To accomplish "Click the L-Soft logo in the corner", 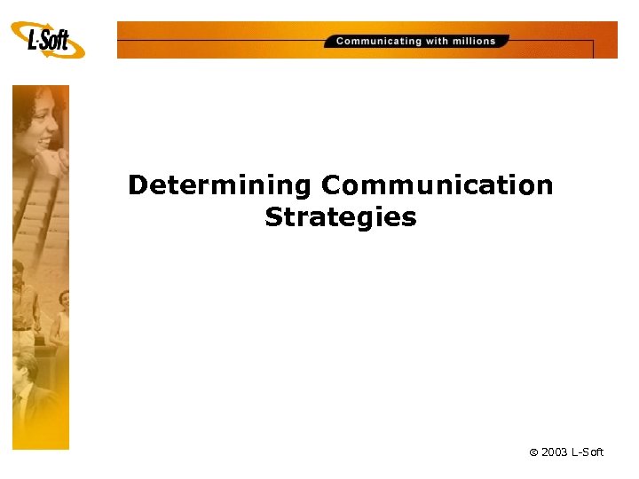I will click(49, 40).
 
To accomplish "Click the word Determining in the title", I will click(219, 185).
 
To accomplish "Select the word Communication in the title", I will click(437, 185).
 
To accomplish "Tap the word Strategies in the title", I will click(340, 217).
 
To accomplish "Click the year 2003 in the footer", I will click(556, 452).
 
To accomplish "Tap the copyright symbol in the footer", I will click(533, 453).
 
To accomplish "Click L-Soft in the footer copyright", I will click(588, 452).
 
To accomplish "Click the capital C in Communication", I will click(331, 185).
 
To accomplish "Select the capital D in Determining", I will click(138, 185).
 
